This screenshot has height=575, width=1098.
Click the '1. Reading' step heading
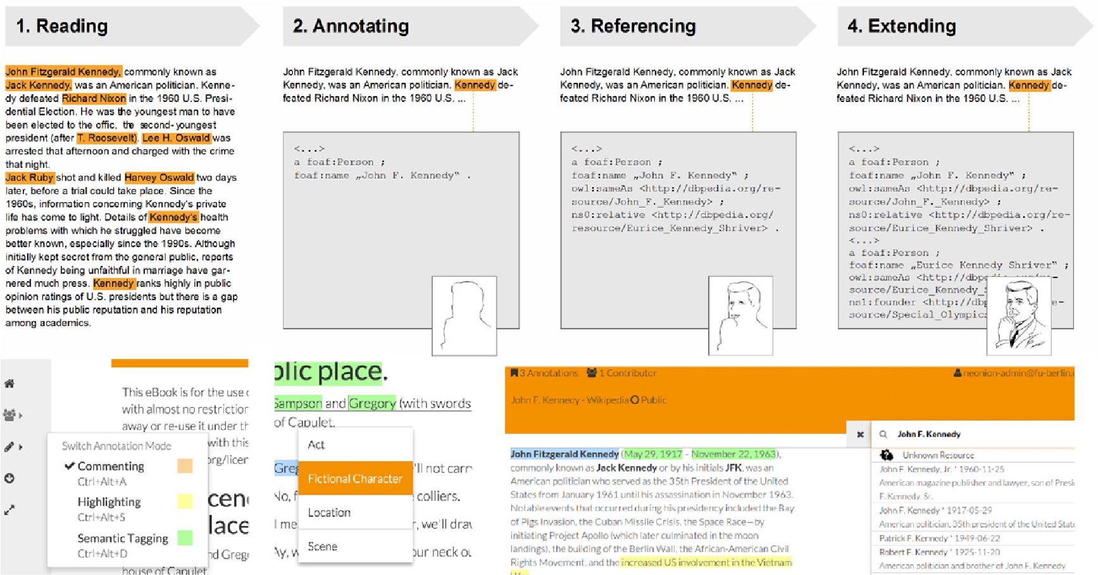pos(62,26)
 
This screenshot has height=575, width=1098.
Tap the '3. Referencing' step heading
pos(633,26)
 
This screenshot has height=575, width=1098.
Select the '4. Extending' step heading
pos(902,26)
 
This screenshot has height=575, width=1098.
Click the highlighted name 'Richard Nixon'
pos(94,98)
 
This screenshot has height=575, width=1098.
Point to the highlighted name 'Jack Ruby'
pos(29,177)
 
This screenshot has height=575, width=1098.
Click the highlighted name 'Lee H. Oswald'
pos(175,138)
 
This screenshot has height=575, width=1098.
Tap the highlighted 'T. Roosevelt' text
pos(106,138)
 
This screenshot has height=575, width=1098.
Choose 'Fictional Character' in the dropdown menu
pos(355,479)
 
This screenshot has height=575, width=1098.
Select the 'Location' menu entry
pos(329,512)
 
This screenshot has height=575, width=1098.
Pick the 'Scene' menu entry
pos(322,546)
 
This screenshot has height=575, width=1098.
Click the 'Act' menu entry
pos(316,445)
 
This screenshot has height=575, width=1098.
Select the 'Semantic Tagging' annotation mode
pos(123,538)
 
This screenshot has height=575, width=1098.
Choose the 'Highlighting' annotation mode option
pos(109,502)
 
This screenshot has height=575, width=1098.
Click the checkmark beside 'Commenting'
pos(69,466)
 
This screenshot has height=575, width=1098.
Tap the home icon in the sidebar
pos(9,383)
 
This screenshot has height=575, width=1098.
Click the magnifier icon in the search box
pos(883,434)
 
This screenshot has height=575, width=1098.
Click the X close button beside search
pos(860,434)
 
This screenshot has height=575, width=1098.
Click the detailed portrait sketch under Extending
pos(1018,316)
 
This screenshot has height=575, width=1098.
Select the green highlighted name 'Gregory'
pos(372,403)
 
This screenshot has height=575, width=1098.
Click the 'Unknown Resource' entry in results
pos(937,455)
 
